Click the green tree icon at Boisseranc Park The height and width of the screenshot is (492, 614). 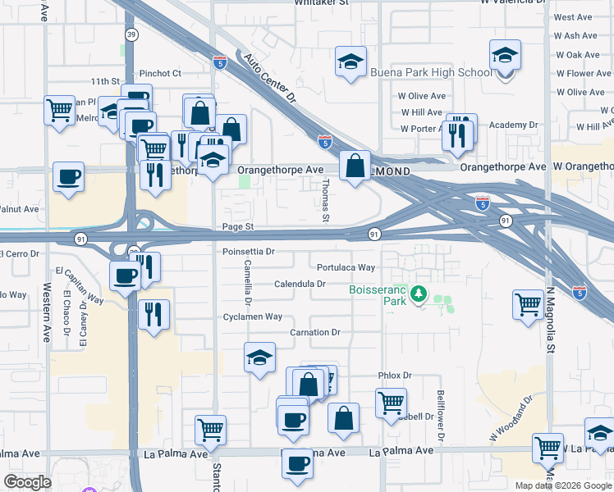(x=418, y=293)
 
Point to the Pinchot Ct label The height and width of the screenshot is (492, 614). (x=160, y=73)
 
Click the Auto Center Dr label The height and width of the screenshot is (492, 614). (x=270, y=79)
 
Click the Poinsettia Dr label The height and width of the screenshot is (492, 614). (x=248, y=252)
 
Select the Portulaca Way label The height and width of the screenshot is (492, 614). (x=346, y=267)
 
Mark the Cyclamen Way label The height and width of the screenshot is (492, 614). (x=253, y=317)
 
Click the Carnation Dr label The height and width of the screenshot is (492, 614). (x=314, y=332)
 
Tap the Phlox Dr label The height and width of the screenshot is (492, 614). (x=394, y=375)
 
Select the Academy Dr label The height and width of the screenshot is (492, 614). (x=513, y=125)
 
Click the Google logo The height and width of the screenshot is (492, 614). (x=27, y=482)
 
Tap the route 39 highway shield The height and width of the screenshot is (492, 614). (x=131, y=34)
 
